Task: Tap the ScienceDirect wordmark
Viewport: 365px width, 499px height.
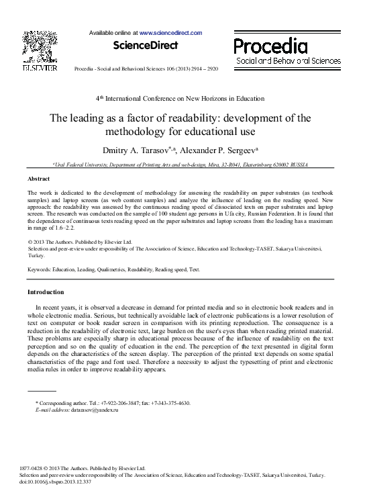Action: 146,46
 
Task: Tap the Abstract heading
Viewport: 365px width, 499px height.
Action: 38,179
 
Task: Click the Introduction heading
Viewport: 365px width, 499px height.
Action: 46,292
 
